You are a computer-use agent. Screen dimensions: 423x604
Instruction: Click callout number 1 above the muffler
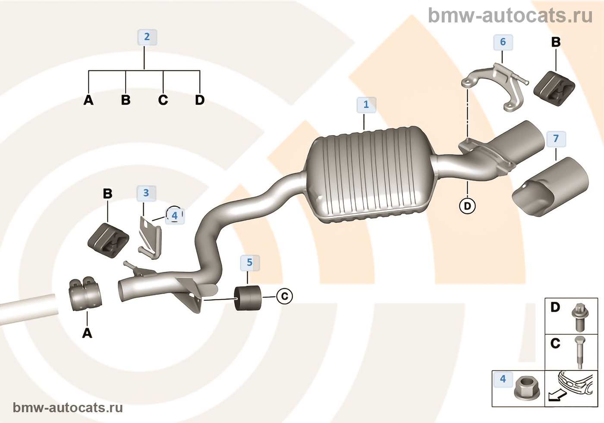click(366, 105)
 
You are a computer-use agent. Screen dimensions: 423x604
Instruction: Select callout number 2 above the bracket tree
click(147, 37)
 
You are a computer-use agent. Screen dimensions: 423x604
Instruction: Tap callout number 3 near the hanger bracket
click(146, 193)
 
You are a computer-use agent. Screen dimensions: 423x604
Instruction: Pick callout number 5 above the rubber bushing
click(250, 262)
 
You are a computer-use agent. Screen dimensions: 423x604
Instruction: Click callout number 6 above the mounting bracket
click(503, 42)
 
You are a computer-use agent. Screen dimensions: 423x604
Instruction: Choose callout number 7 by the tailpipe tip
click(556, 139)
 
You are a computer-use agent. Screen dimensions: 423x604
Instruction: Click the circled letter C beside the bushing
click(284, 296)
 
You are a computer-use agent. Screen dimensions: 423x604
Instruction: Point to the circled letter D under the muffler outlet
click(467, 206)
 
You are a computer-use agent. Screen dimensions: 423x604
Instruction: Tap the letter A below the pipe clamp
click(87, 333)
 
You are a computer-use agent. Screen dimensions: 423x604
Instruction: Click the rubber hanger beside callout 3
click(108, 240)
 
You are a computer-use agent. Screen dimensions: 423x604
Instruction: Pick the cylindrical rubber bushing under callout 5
click(248, 298)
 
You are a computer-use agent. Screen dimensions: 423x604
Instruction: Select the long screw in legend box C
click(579, 352)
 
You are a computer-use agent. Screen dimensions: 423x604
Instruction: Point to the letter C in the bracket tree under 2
click(163, 100)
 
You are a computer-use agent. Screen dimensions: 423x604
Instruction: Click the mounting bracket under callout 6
click(496, 86)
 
